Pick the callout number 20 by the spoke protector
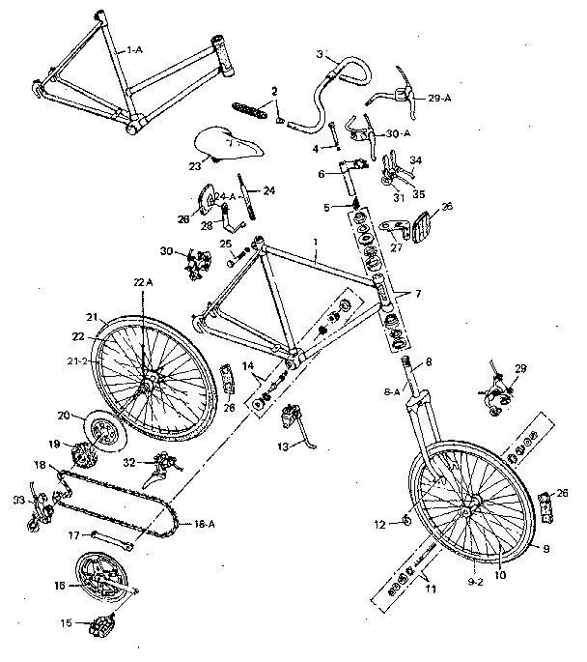coord(64,417)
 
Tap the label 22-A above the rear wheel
coord(143,281)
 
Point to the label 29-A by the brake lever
coord(439,98)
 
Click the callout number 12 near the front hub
coord(379,524)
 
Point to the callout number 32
coord(129,463)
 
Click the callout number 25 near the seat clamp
coord(225,244)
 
